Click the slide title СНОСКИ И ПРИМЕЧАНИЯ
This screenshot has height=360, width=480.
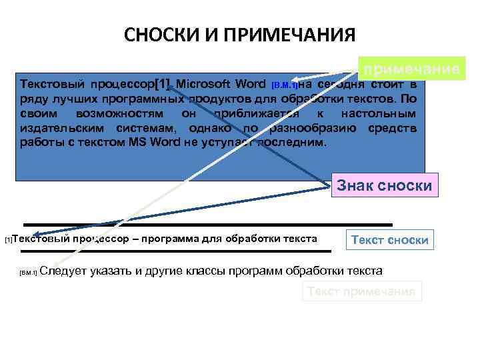240,35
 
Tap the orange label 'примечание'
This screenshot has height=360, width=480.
410,69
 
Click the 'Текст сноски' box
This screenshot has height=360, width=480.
389,239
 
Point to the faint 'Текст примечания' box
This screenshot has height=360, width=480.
363,291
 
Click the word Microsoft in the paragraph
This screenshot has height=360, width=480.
205,85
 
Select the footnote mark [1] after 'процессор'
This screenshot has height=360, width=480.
162,85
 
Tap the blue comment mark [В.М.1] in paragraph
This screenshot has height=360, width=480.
285,85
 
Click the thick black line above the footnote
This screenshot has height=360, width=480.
207,225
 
